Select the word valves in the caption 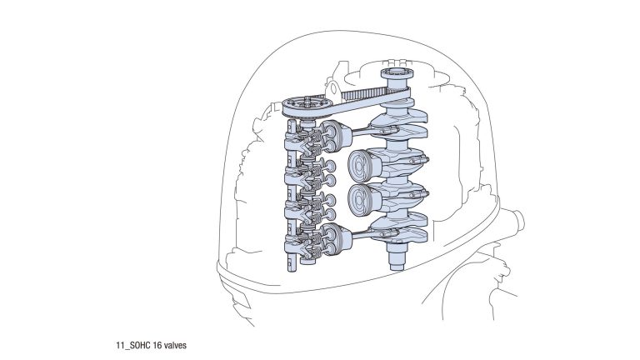pos(175,345)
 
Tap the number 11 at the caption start pos(120,345)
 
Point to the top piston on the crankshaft pos(337,136)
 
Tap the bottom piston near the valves pos(337,239)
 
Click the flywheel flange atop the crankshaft pos(397,75)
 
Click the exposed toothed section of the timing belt pos(362,95)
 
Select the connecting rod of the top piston pos(373,131)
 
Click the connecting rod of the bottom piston pos(373,233)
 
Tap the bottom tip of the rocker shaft pos(292,268)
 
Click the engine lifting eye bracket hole pos(334,88)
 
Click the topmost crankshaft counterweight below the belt pos(402,116)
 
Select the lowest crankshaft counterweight pos(402,236)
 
